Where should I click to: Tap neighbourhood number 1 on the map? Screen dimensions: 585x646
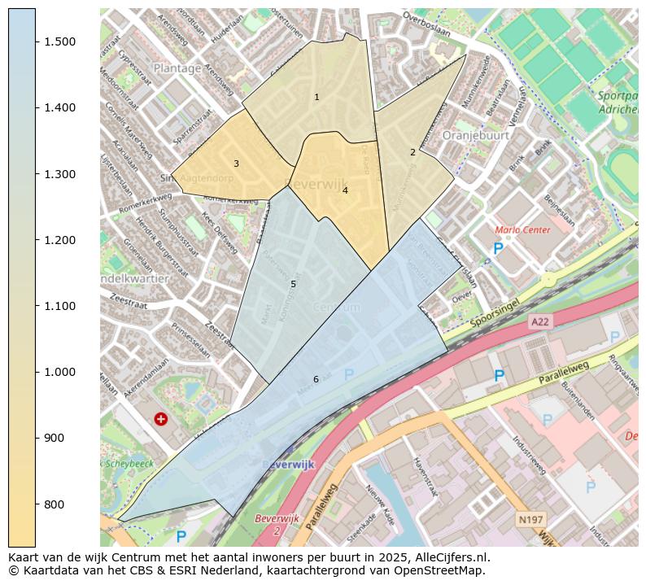316,97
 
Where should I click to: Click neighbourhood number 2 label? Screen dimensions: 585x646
412,152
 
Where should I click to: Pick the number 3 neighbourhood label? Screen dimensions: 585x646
236,164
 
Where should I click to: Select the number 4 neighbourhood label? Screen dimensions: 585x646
345,190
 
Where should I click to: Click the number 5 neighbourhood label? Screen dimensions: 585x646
293,284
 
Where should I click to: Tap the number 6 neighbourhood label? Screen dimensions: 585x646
316,379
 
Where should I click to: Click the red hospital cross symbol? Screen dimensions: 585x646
161,418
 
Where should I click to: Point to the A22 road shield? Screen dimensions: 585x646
540,322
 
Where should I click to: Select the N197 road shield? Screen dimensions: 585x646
530,518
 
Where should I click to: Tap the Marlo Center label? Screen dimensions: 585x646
522,230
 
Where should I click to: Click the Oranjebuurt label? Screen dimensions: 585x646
475,135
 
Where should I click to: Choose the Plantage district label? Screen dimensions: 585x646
177,68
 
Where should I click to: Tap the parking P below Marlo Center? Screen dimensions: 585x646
497,249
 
